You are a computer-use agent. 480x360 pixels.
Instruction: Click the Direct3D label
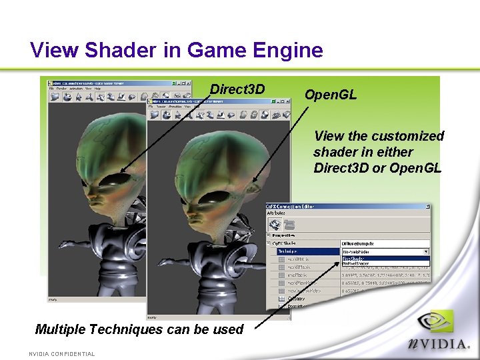tap(237, 89)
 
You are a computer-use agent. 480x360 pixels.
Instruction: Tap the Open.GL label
tap(331, 95)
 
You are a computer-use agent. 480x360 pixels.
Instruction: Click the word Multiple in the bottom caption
tap(61, 329)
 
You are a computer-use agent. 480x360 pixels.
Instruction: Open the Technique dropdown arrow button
tap(426, 252)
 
